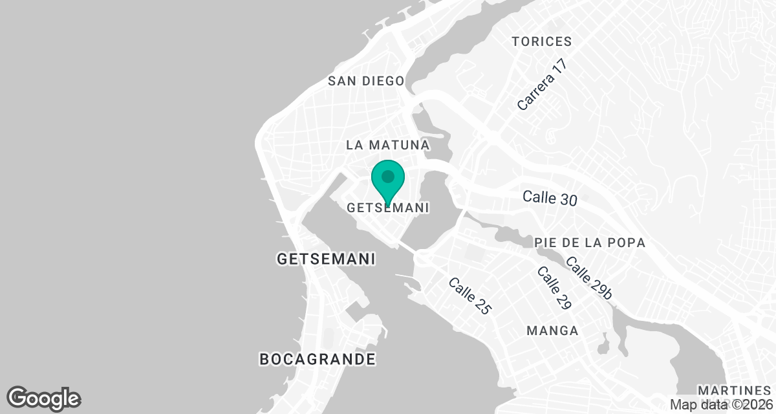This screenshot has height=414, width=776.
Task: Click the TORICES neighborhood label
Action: (x=541, y=41)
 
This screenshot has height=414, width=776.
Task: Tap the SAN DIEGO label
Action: (x=366, y=81)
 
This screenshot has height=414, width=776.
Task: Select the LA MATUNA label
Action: (x=388, y=144)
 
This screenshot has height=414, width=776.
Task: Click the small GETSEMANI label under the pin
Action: (x=388, y=208)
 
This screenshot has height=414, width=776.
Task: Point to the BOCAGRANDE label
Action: (x=317, y=358)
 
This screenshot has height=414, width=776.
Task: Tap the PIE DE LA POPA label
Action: (x=590, y=243)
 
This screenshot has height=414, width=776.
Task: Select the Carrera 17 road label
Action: (x=543, y=85)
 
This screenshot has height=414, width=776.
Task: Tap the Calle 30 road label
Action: (x=550, y=197)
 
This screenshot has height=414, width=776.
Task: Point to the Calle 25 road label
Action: (x=470, y=296)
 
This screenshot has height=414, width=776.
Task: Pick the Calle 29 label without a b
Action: (x=554, y=287)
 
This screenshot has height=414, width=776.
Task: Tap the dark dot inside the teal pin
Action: (x=388, y=176)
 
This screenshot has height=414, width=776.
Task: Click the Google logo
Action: (x=44, y=398)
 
